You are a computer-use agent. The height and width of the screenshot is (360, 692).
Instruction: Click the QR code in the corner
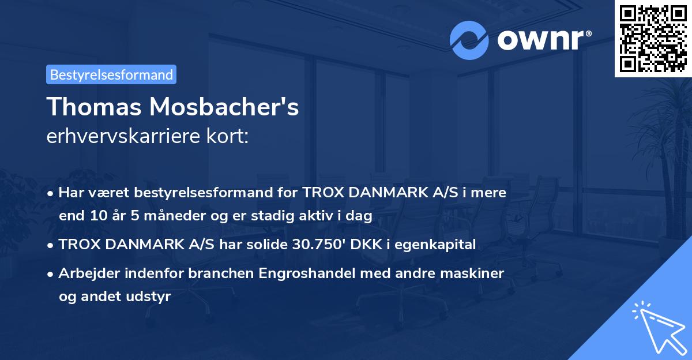point(653,38)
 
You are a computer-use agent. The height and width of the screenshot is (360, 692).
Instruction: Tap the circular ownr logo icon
point(468,40)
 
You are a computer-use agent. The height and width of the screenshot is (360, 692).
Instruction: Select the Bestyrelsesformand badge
point(111,74)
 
